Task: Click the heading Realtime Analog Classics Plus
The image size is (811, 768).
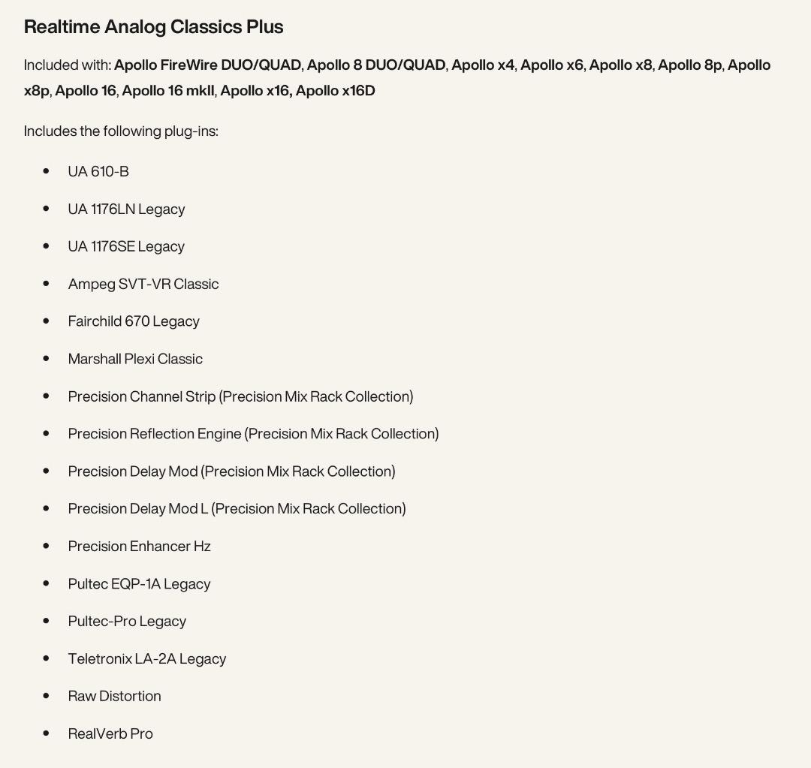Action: click(x=153, y=27)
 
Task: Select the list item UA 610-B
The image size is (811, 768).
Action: click(x=98, y=172)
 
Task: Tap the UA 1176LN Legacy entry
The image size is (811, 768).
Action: click(x=126, y=209)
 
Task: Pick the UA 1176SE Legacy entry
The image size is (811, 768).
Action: click(x=126, y=247)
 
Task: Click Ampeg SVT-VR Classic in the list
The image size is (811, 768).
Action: click(x=143, y=285)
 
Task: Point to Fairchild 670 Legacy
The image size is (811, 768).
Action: click(x=134, y=322)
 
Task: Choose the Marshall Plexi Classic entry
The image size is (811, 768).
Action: click(x=135, y=360)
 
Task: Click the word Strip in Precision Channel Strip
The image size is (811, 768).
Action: click(x=200, y=396)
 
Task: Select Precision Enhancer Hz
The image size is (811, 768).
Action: click(x=139, y=547)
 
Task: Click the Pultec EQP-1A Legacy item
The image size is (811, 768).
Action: click(x=139, y=584)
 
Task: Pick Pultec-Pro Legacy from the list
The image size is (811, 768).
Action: click(x=127, y=622)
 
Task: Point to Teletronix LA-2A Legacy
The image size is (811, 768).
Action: click(x=147, y=659)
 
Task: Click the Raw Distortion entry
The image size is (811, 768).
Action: click(x=114, y=697)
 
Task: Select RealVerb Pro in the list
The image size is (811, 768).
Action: click(x=110, y=734)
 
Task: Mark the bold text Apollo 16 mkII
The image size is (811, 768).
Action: click(x=168, y=91)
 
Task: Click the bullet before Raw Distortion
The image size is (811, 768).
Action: click(x=47, y=696)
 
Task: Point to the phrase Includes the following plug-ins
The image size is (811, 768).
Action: click(x=121, y=131)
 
